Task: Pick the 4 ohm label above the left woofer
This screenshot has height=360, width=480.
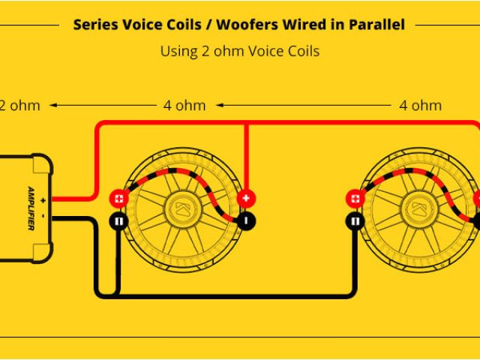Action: point(184,105)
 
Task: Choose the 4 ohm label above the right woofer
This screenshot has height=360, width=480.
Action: point(421,105)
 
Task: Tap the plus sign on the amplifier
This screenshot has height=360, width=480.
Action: point(43,199)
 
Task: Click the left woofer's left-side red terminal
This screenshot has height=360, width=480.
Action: point(118,199)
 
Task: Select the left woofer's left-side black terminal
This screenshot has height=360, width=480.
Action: point(118,221)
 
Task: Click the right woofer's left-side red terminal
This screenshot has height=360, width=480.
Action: point(354,199)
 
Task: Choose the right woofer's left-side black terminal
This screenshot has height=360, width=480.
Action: point(354,221)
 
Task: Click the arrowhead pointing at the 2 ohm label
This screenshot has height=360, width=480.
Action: point(55,105)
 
